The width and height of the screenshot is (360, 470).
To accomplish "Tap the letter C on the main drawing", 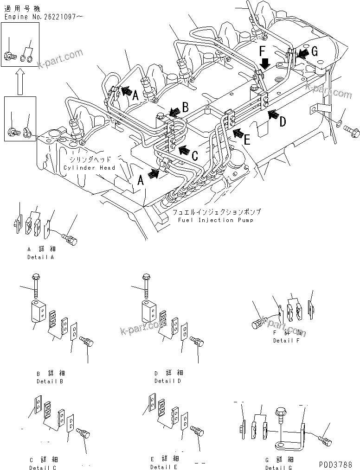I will [195, 155].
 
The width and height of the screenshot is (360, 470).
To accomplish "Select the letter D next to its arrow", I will [283, 122].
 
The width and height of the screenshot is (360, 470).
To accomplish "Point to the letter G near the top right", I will [314, 52].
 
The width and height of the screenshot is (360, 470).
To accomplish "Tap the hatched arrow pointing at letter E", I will [238, 134].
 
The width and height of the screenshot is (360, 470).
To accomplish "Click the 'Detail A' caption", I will [40, 257].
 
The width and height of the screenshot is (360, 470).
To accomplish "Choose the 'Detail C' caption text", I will [43, 467].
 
